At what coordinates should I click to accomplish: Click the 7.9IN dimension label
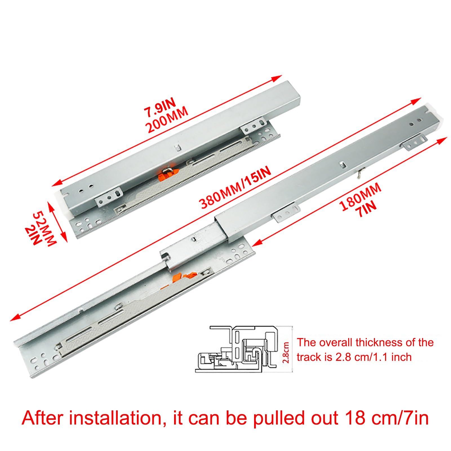click(x=160, y=108)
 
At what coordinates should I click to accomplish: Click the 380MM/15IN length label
click(x=235, y=187)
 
